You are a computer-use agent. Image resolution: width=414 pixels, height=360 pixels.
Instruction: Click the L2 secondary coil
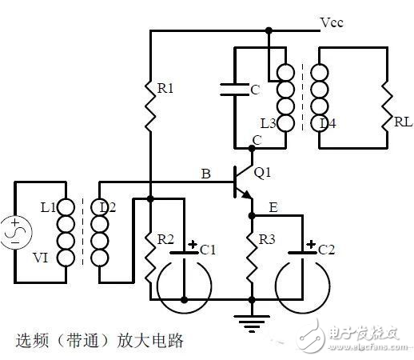point(100,234)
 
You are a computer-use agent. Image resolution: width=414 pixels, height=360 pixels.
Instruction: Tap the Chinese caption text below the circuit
point(100,340)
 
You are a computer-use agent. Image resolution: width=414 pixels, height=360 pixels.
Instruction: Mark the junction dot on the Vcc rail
point(269,31)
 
